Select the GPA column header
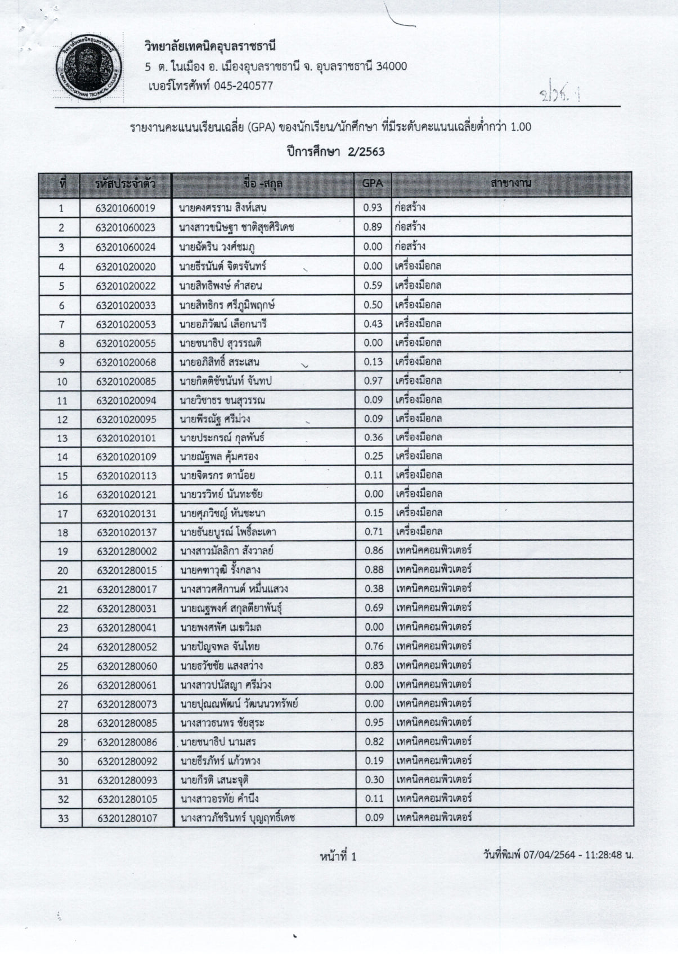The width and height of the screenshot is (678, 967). click(372, 183)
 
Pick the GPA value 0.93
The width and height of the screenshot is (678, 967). click(372, 208)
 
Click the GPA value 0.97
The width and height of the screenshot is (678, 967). click(373, 381)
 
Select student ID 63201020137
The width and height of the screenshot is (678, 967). click(127, 532)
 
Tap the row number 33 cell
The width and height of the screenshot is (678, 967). click(63, 818)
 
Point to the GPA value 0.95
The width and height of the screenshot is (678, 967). click(374, 722)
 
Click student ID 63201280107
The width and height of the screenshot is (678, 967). click(127, 818)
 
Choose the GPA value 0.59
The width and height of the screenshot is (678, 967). click(372, 285)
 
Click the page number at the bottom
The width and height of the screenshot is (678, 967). click(338, 857)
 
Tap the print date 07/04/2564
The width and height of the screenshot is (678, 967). click(549, 855)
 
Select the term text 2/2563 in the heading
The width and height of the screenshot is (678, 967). click(366, 152)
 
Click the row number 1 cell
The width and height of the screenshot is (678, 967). click(61, 208)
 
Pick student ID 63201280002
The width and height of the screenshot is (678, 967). click(127, 551)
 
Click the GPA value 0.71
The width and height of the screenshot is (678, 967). click(374, 532)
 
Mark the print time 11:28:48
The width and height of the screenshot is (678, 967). click(604, 855)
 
